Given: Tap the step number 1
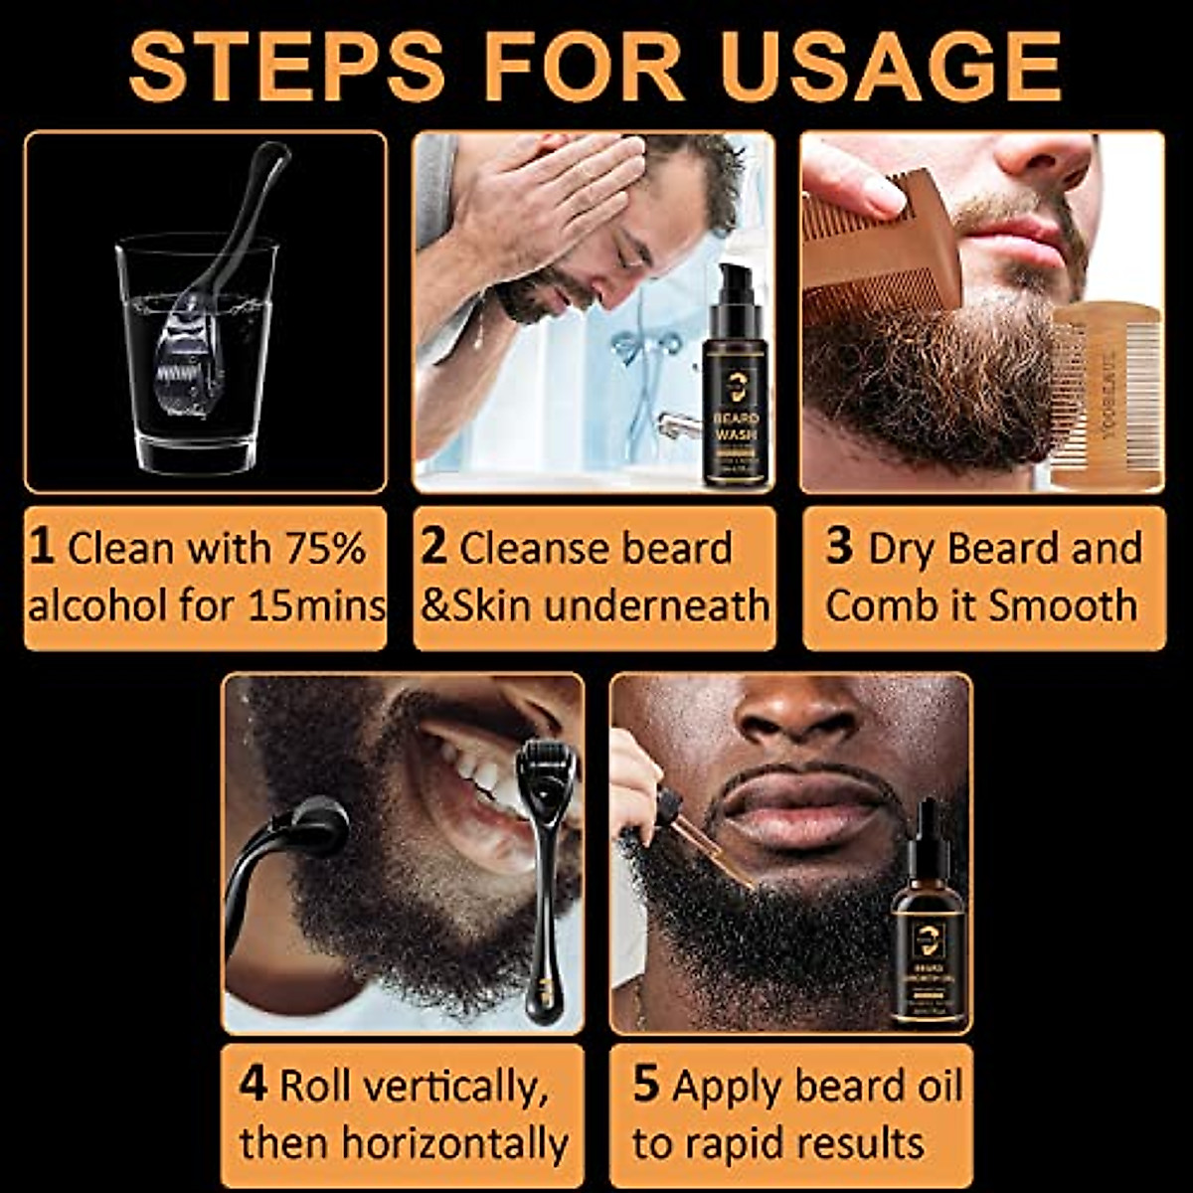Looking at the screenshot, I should point(41,548).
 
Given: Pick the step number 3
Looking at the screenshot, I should point(839,548).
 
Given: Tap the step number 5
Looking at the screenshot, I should point(646,1085).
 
